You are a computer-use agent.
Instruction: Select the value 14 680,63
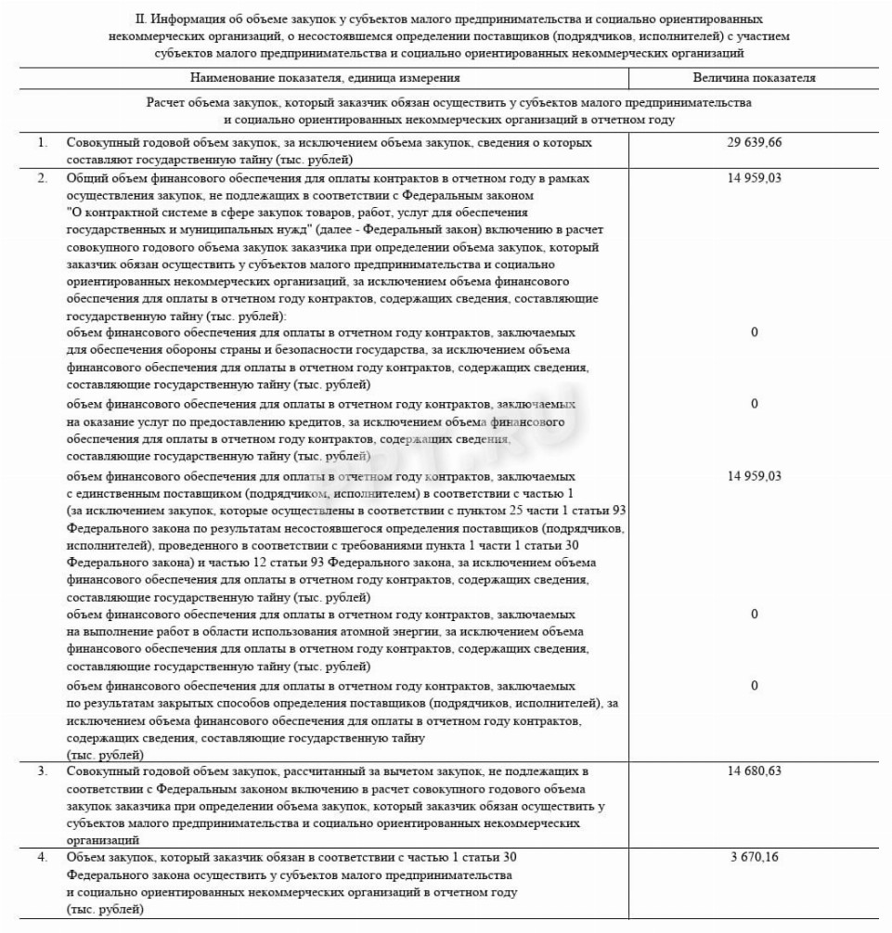click(754, 771)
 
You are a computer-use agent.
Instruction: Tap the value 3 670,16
click(754, 856)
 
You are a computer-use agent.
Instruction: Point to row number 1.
click(42, 143)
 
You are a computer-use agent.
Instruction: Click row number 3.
click(42, 771)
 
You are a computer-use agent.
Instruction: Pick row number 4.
click(42, 856)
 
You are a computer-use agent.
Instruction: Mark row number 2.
click(42, 178)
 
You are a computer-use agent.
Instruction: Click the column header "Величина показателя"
click(754, 78)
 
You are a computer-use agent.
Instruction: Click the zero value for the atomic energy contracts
click(754, 614)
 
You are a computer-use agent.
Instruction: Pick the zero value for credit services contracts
click(754, 404)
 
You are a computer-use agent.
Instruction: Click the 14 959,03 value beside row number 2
click(754, 178)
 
